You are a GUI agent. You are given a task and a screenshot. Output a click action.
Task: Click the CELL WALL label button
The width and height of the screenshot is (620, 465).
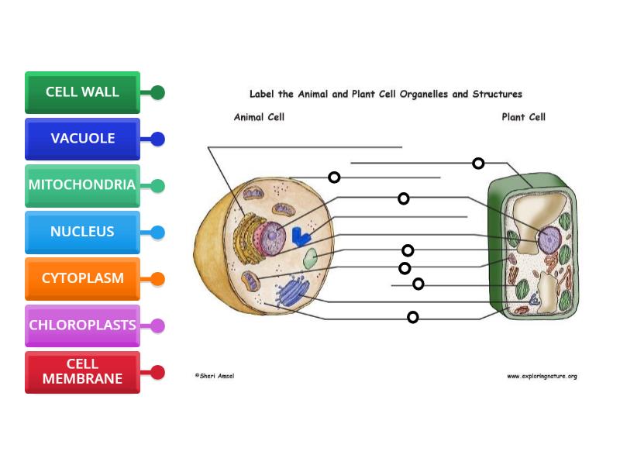[x=82, y=92]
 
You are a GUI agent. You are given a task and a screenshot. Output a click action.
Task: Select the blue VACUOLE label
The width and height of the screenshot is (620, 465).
[x=82, y=139]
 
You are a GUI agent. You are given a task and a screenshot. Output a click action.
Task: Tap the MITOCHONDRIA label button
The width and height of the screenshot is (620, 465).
[x=82, y=185]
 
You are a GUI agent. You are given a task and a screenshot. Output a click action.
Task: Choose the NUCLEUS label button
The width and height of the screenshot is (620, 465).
[x=82, y=232]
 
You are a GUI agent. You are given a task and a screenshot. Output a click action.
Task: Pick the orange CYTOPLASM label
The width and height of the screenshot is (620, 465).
[x=82, y=278]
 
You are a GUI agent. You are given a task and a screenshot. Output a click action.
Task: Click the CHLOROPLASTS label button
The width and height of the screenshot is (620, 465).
[x=82, y=325]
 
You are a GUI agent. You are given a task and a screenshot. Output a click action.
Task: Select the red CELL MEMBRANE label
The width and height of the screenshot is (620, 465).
[x=82, y=372]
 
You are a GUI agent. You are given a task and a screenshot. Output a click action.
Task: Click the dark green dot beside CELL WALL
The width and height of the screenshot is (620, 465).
[x=157, y=93]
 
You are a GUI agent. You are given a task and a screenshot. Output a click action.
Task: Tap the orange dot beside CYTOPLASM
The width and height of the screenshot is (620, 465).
[x=157, y=279]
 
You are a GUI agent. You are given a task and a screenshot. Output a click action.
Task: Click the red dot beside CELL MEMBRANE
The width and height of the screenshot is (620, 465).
[x=157, y=373]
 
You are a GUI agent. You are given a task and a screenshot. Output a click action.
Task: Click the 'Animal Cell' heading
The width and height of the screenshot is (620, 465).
[x=259, y=117]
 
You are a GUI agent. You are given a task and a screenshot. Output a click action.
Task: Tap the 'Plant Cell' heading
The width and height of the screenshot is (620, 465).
[x=523, y=117]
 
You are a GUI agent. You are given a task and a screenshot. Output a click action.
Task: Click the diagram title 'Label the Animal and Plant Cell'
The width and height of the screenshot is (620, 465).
[x=385, y=95]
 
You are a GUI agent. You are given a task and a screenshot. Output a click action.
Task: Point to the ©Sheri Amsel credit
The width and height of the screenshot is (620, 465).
[x=214, y=376]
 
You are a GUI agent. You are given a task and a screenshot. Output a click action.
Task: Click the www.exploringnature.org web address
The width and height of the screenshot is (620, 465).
[x=542, y=376]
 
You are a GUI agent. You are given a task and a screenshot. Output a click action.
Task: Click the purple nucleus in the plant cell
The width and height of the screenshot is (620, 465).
[x=549, y=239]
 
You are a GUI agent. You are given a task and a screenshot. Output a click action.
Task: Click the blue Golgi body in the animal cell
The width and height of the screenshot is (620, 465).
[x=292, y=291]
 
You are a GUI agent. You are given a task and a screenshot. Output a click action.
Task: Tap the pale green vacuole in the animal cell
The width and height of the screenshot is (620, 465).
[x=310, y=258]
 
